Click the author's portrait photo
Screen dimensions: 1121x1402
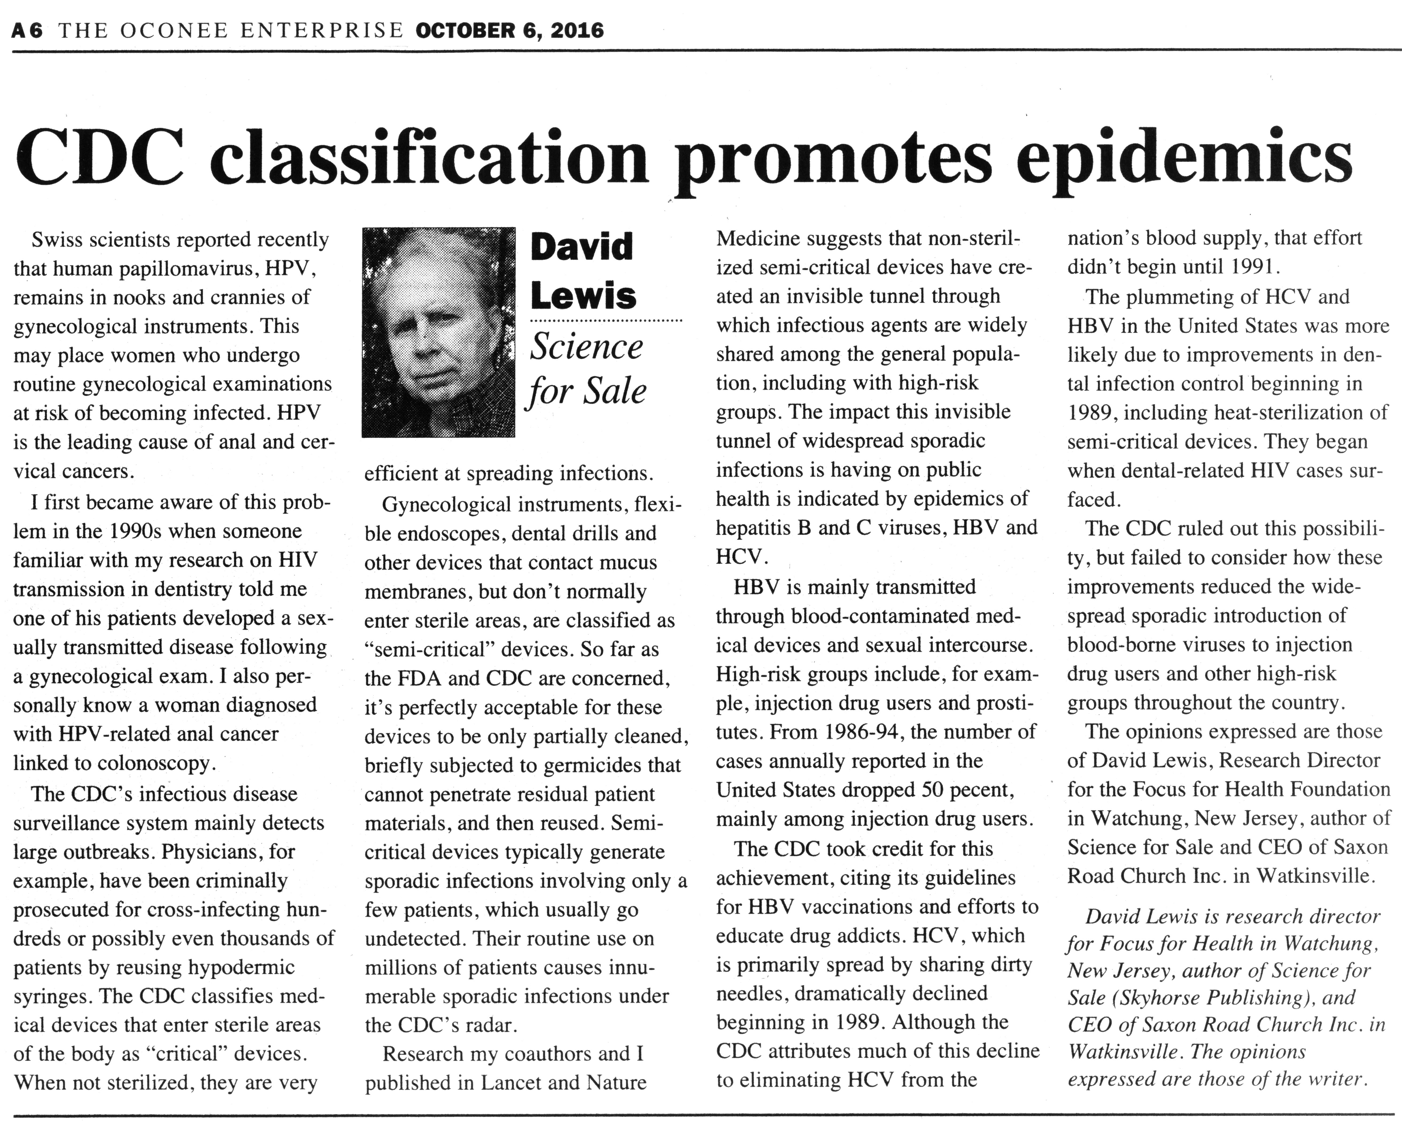[x=438, y=332]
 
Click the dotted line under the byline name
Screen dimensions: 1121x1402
[x=606, y=321]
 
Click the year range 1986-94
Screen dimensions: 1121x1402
[x=864, y=732]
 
